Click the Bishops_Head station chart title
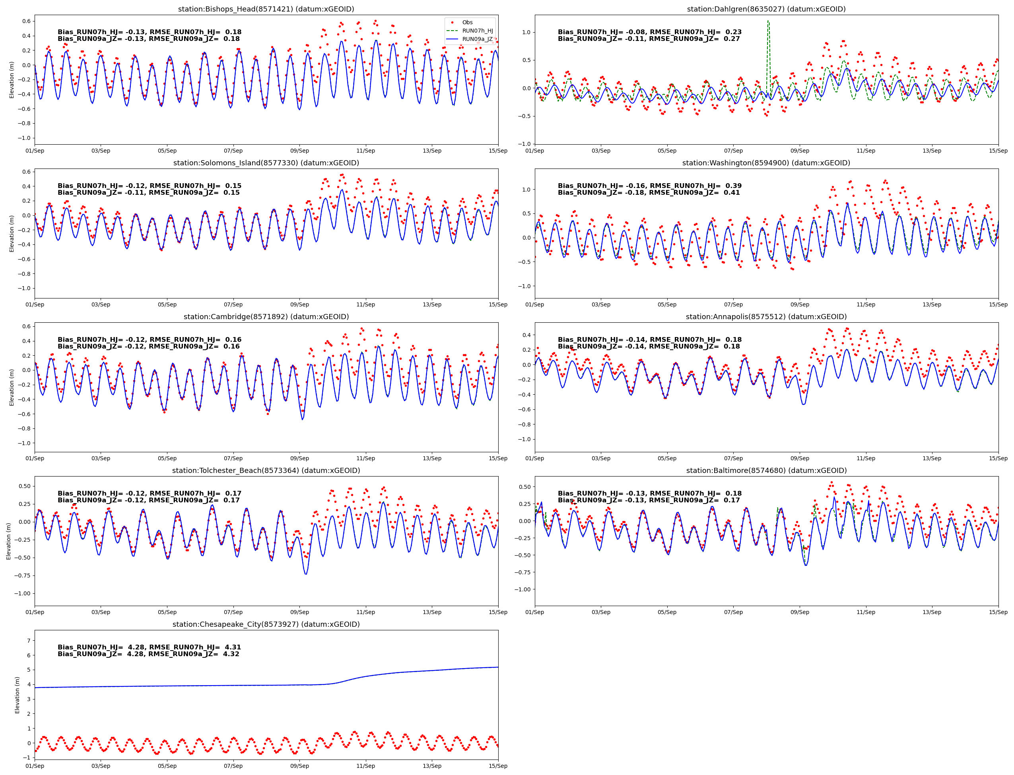click(x=266, y=9)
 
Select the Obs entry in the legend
click(x=467, y=23)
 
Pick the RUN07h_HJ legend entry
click(x=477, y=31)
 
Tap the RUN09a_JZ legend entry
click(x=477, y=39)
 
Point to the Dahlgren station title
click(x=766, y=9)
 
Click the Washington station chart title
click(x=766, y=163)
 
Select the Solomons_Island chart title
click(x=266, y=163)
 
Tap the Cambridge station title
click(x=266, y=317)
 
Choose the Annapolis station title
click(x=766, y=317)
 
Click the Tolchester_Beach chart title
click(x=266, y=471)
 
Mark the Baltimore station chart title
click(x=766, y=471)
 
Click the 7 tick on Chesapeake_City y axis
click(x=29, y=641)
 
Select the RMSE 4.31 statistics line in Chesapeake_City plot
click(x=149, y=647)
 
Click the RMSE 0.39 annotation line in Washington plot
click(x=649, y=186)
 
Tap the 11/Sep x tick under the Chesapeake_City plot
click(x=365, y=766)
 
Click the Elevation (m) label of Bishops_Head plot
click(x=12, y=80)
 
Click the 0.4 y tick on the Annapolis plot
click(x=526, y=335)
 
